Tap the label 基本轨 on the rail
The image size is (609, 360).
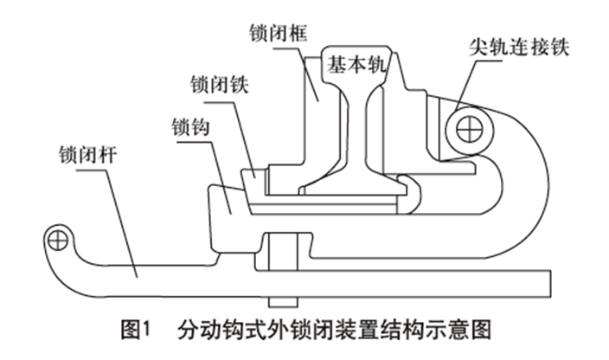(x=356, y=62)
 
